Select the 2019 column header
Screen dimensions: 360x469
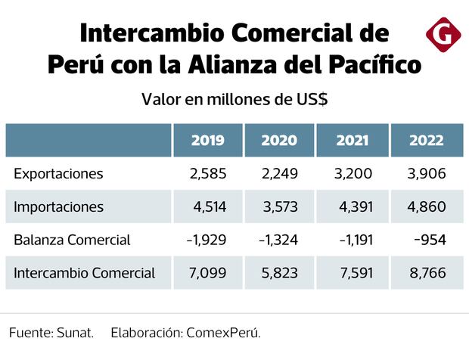(207, 140)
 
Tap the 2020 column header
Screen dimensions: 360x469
(279, 140)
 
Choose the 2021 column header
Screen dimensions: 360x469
(352, 140)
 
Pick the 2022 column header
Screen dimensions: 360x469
(427, 140)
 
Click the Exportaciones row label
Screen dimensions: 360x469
(58, 174)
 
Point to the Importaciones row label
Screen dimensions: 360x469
(58, 206)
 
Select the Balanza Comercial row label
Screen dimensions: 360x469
(72, 240)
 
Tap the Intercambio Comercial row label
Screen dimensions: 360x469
(84, 273)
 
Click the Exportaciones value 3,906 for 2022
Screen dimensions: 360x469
(427, 174)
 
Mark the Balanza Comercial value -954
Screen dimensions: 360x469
(429, 240)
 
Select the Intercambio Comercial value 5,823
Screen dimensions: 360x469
(280, 273)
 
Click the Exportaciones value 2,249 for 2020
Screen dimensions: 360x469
(280, 174)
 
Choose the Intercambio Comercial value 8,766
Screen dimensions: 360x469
(427, 273)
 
